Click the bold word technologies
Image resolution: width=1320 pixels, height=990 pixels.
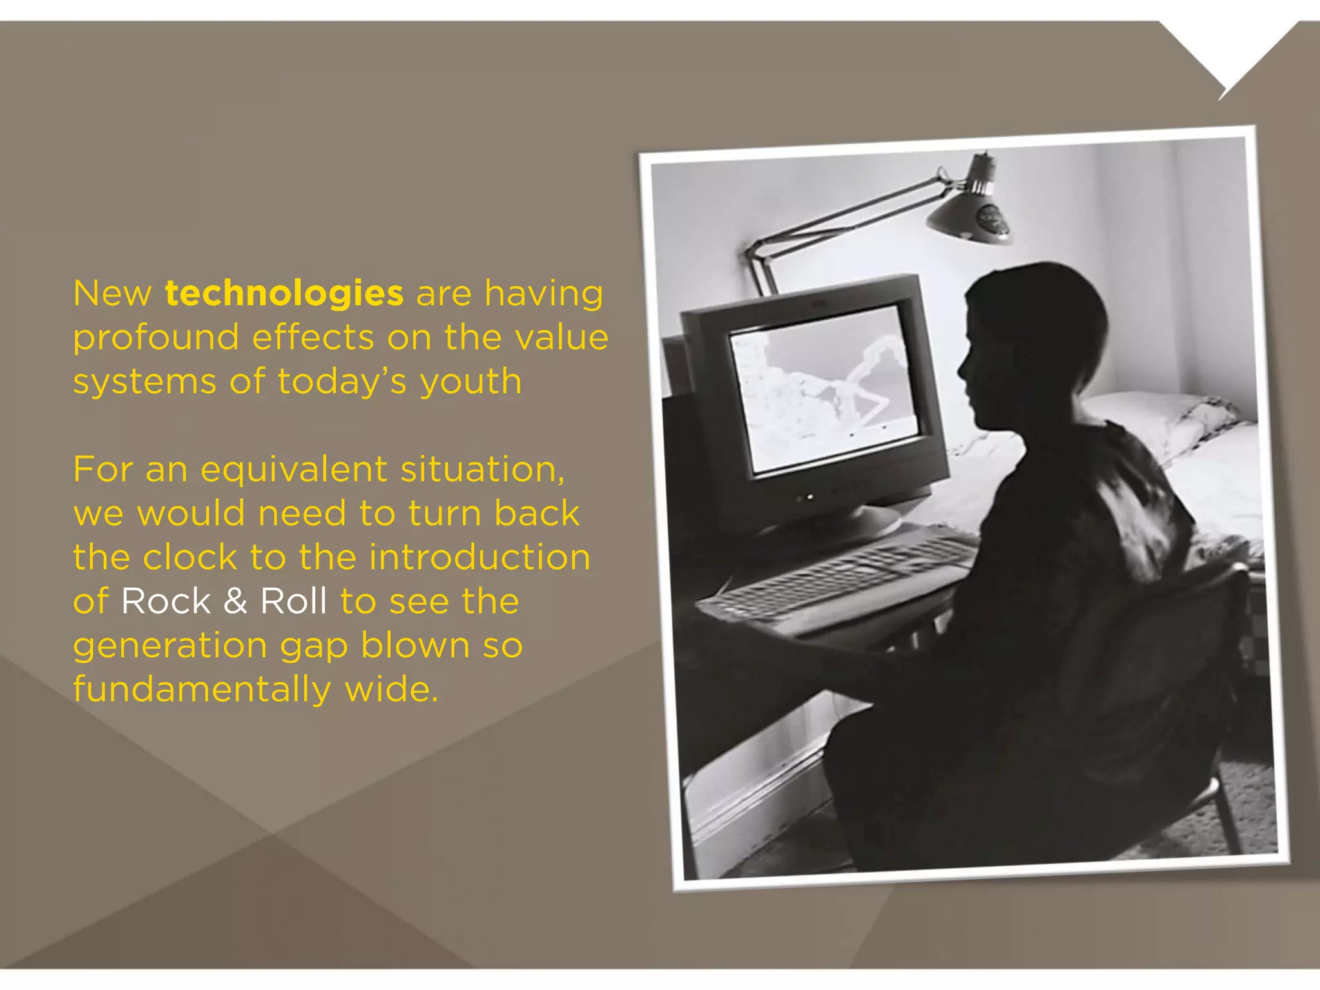tap(284, 294)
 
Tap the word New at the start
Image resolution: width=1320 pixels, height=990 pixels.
tap(112, 294)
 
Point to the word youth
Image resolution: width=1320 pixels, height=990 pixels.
tap(471, 382)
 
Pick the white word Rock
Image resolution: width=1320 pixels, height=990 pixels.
tap(166, 601)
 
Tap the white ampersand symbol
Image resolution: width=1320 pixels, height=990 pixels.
tap(235, 601)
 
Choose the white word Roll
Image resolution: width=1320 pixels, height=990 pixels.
tap(293, 601)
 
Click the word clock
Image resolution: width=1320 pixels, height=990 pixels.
tap(190, 558)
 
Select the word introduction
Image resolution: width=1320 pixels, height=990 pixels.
tap(480, 558)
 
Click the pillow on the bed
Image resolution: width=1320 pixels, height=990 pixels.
tap(1160, 419)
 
